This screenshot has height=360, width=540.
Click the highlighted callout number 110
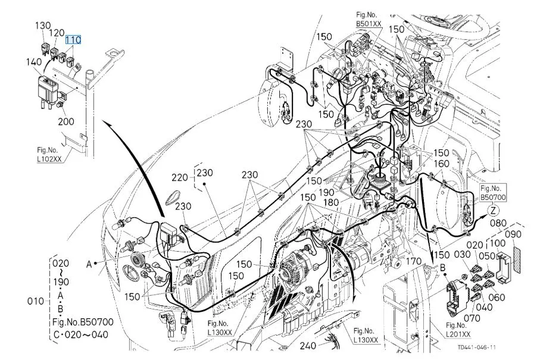[x=73, y=40]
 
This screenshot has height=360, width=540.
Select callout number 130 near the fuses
[x=43, y=26]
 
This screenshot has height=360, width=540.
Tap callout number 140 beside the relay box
[x=34, y=62]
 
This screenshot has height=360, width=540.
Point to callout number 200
[x=65, y=121]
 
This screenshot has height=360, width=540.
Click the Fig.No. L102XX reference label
[x=49, y=155]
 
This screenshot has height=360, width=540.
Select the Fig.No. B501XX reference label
[x=369, y=19]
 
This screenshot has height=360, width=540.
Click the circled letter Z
[x=494, y=210]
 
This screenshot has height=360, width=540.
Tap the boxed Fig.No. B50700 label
[x=493, y=193]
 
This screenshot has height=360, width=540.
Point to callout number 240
[x=308, y=345]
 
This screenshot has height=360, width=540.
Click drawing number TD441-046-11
[x=477, y=348]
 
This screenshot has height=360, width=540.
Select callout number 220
[x=180, y=177]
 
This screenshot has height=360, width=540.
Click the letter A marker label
[x=89, y=264]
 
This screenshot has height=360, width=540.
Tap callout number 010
[x=36, y=301]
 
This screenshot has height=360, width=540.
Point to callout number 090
[x=513, y=234]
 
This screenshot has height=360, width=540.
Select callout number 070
[x=472, y=318]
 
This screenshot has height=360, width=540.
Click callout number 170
[x=413, y=262]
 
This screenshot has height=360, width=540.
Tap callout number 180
[x=331, y=202]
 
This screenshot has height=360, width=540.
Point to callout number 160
[x=441, y=164]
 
